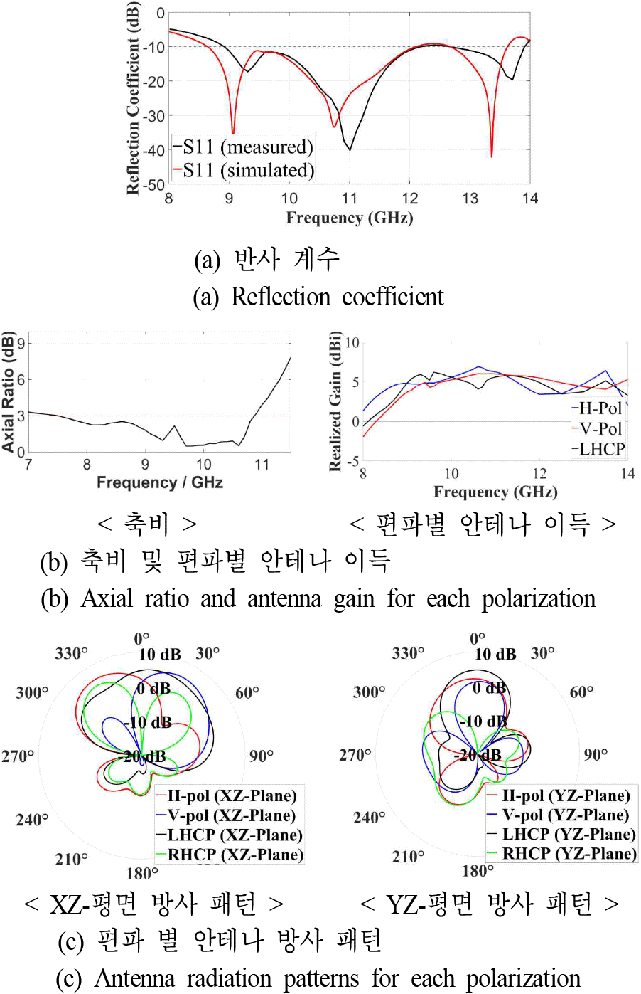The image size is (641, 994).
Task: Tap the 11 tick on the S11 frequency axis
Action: point(349,199)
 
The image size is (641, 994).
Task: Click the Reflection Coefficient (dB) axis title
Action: point(133,98)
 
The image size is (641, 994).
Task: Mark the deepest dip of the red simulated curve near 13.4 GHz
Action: point(492,156)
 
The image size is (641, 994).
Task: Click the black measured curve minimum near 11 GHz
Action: point(349,149)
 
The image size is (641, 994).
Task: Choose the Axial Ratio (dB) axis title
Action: point(9,391)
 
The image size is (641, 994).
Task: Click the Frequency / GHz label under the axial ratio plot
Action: point(160,482)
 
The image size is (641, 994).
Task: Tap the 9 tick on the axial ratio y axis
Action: point(21,344)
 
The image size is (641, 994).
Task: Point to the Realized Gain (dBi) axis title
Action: point(335,401)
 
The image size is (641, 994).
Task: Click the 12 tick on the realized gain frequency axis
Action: point(540,474)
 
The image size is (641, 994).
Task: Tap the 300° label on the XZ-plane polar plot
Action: point(32,692)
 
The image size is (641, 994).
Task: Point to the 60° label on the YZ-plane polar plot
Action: point(582,692)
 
